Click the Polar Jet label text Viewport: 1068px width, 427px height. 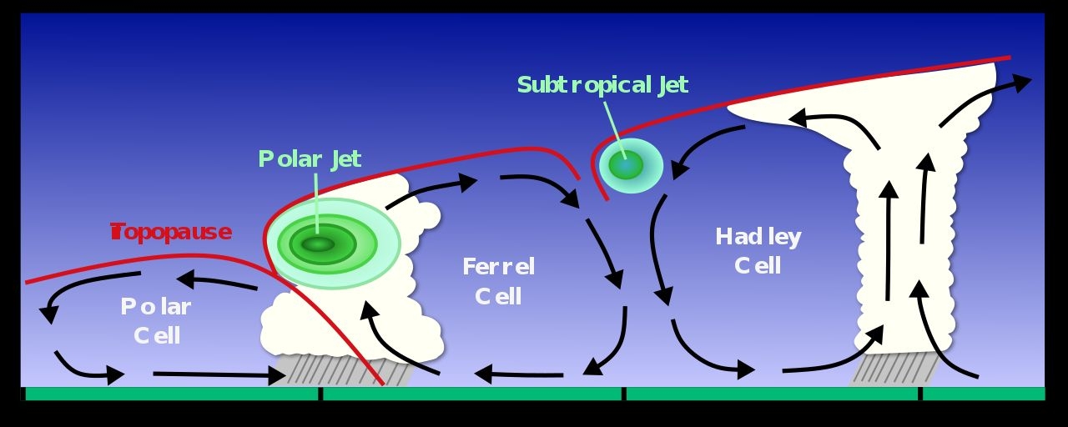310,158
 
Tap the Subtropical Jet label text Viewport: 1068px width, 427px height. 602,84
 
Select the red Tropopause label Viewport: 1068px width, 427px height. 171,232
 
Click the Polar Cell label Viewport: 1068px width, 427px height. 156,320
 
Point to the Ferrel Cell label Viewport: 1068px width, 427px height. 498,281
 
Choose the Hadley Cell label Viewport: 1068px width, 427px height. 758,250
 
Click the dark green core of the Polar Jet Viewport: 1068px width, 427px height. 317,244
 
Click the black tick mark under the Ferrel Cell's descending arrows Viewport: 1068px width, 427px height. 623,394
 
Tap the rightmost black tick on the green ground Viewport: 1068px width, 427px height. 920,394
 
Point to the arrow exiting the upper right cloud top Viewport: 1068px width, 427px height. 985,100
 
